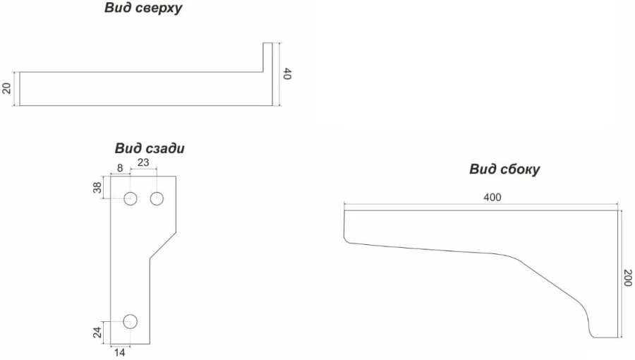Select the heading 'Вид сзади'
click(150, 149)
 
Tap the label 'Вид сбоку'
click(504, 169)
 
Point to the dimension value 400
click(492, 197)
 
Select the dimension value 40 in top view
click(287, 73)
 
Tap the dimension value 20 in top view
click(7, 88)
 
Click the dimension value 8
click(119, 167)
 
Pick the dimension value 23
click(143, 162)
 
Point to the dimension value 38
click(98, 187)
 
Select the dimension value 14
click(120, 352)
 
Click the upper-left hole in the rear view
click(131, 199)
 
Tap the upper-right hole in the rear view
click(157, 199)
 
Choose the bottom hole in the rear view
click(131, 322)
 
